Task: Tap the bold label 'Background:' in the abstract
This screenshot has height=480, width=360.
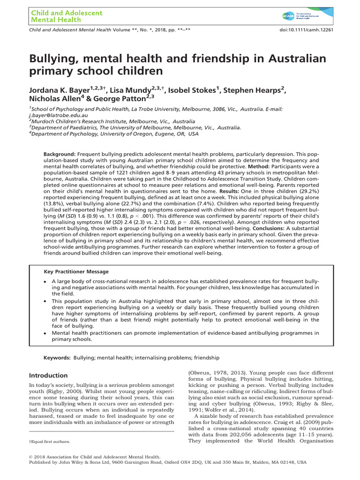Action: pyautogui.click(x=60, y=154)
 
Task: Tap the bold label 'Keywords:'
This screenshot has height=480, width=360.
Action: pyautogui.click(x=57, y=358)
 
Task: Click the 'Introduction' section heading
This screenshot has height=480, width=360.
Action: pyautogui.click(x=49, y=375)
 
